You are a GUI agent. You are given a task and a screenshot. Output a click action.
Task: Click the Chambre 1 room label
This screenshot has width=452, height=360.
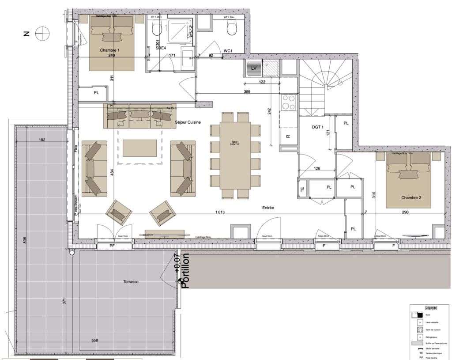click(x=109, y=50)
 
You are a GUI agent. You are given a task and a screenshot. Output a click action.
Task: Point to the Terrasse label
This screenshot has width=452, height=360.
click(x=131, y=281)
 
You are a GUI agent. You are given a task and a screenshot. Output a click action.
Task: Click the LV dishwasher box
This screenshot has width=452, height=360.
click(x=253, y=68)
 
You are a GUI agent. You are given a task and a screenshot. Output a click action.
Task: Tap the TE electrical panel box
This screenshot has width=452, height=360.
click(x=302, y=189)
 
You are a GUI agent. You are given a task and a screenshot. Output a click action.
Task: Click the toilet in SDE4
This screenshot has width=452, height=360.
click(x=156, y=29)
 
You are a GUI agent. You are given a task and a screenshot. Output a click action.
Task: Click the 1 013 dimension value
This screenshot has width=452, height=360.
click(x=220, y=212)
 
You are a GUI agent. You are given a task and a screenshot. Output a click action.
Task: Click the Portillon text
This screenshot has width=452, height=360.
click(x=185, y=271)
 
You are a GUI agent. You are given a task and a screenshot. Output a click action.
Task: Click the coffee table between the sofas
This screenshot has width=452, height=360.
click(x=139, y=148)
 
